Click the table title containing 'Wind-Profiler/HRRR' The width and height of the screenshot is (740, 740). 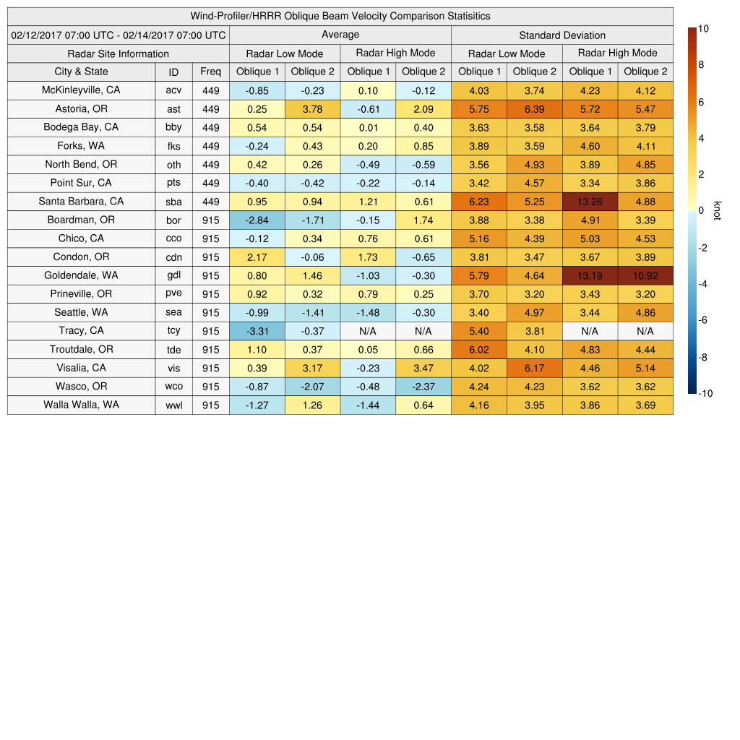coord(340,16)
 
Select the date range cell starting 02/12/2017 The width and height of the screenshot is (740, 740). coord(119,35)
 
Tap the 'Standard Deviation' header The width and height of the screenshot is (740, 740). coord(562,35)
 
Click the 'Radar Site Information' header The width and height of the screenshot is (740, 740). coord(119,53)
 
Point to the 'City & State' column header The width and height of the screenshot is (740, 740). coord(81,72)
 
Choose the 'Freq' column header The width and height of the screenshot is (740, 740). coord(210,72)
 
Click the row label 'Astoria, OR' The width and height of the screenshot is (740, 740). coord(81,109)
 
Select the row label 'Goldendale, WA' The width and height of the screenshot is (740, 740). coord(81,275)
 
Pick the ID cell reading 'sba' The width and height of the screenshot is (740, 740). coord(173,202)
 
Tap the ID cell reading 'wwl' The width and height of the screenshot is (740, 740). coord(173,405)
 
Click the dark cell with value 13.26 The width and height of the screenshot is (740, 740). coord(590,202)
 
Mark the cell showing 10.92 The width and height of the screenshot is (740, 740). coord(645,275)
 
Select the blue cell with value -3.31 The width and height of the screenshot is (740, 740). coord(257,331)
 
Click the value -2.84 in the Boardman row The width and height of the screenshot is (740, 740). coord(257,220)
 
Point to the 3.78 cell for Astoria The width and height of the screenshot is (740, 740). coord(312,109)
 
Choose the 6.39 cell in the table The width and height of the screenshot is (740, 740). coord(534,109)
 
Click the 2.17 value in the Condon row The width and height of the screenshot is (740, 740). coord(257,257)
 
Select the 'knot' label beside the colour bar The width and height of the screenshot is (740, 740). coord(717,210)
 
